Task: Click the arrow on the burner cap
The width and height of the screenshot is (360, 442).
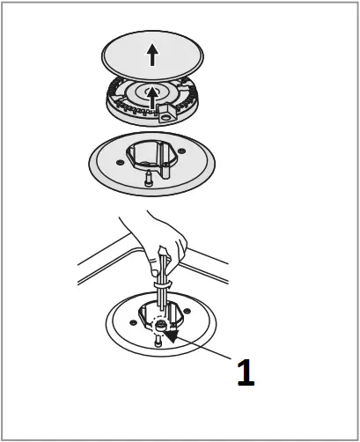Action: point(152,55)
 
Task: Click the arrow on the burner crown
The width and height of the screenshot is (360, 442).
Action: point(152,94)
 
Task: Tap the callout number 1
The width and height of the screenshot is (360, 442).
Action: point(246,373)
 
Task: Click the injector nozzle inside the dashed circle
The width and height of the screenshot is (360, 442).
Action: point(159,325)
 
